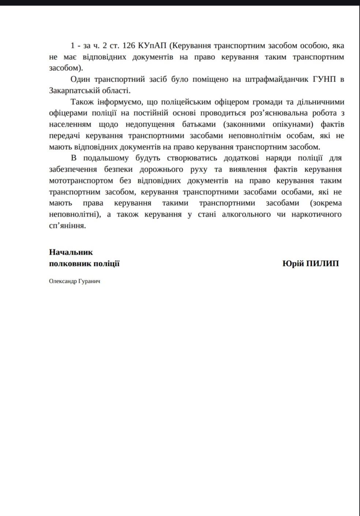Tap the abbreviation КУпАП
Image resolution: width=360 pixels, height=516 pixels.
(153, 46)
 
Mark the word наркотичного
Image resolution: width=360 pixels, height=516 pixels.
(316, 214)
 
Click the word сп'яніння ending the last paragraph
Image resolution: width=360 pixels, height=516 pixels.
(67, 226)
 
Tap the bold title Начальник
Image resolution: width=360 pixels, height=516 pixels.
(71, 252)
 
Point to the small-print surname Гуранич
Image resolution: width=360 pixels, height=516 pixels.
(89, 281)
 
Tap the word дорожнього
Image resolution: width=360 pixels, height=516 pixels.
(161, 169)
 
